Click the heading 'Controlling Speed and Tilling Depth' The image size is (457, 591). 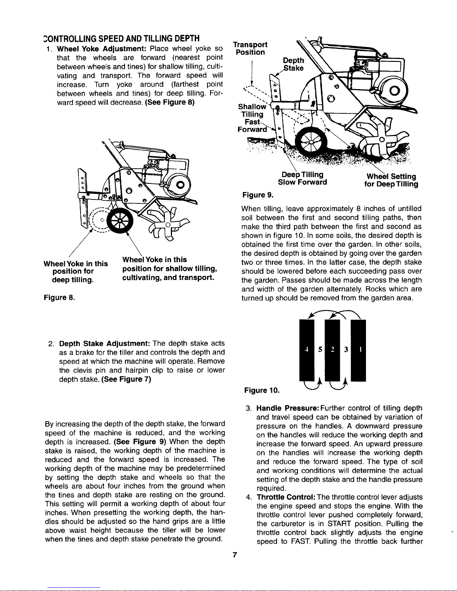[122, 38]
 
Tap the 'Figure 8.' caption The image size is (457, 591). [59, 297]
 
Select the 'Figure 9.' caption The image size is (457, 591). [258, 195]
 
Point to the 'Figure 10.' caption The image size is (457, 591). [262, 390]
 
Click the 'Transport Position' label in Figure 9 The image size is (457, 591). [250, 48]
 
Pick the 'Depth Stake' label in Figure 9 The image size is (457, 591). [293, 64]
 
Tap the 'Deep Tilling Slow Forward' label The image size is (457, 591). [303, 178]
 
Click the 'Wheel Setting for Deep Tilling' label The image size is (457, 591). [391, 180]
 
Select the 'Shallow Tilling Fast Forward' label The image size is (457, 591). [252, 118]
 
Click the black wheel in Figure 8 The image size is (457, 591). [120, 221]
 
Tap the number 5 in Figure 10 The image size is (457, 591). [320, 349]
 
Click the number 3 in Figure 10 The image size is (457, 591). [346, 349]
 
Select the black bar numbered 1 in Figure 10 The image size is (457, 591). [358, 350]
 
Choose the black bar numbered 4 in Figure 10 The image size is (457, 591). [307, 350]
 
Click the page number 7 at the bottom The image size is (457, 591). [235, 554]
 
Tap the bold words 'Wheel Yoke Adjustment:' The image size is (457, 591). [102, 49]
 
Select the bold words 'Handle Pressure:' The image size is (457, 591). [288, 408]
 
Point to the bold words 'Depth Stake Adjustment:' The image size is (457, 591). [105, 343]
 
